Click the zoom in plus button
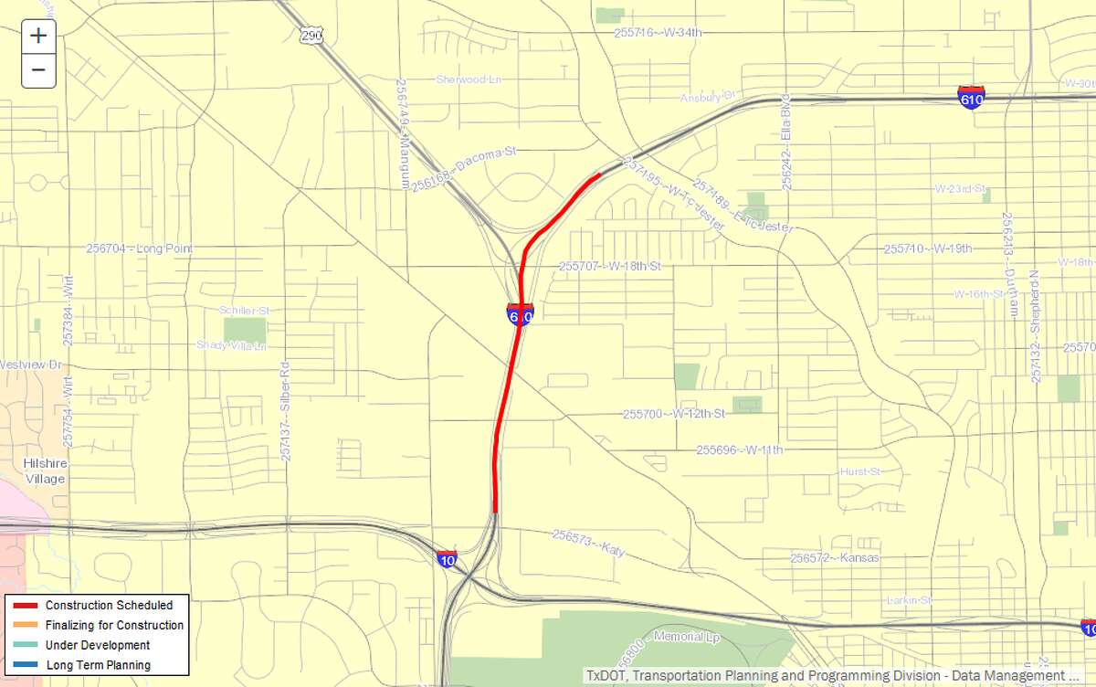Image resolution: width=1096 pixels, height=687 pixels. pyautogui.click(x=38, y=37)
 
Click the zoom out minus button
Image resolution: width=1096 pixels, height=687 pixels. pyautogui.click(x=38, y=69)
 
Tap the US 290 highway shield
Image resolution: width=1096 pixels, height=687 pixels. pyautogui.click(x=310, y=34)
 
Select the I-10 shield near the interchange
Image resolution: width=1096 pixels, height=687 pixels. pyautogui.click(x=447, y=559)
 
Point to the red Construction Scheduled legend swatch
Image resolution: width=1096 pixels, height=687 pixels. pyautogui.click(x=25, y=606)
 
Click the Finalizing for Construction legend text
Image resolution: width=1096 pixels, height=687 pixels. pyautogui.click(x=114, y=626)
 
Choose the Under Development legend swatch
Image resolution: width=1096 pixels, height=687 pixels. pyautogui.click(x=25, y=646)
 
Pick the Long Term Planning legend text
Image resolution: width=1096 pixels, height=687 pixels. pyautogui.click(x=99, y=665)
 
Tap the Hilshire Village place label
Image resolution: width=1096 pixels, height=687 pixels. pyautogui.click(x=45, y=471)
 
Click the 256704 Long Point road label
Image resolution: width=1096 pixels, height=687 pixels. pyautogui.click(x=139, y=248)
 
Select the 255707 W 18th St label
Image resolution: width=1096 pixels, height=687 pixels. pyautogui.click(x=608, y=267)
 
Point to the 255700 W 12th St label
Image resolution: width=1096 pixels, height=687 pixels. pyautogui.click(x=673, y=414)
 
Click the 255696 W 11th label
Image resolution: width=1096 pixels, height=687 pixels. pyautogui.click(x=739, y=449)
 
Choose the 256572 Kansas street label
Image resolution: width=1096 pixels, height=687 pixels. pyautogui.click(x=835, y=557)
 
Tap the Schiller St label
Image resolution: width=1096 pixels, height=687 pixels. pyautogui.click(x=244, y=311)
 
